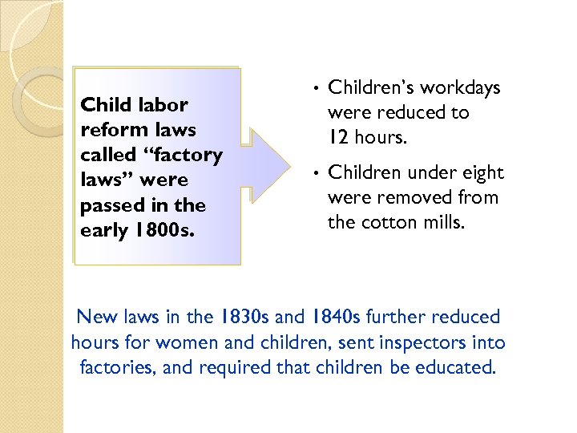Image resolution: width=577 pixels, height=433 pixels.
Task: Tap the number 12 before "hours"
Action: [338, 138]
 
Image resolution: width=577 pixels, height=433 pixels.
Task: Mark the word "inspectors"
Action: [432, 343]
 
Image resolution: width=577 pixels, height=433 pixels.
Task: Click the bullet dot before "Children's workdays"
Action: [317, 87]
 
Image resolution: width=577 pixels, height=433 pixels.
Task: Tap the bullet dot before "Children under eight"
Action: [317, 172]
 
